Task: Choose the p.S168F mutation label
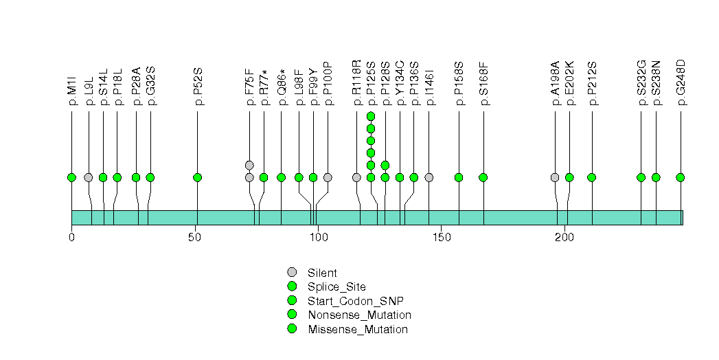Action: point(483,85)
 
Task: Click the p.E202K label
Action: point(569,85)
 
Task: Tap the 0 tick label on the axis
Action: point(71,237)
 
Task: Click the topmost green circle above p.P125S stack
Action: point(371,116)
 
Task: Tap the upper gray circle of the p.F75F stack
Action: point(249,165)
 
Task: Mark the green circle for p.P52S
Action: point(198,177)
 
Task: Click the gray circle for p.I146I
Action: point(429,177)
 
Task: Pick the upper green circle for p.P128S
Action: point(385,165)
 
